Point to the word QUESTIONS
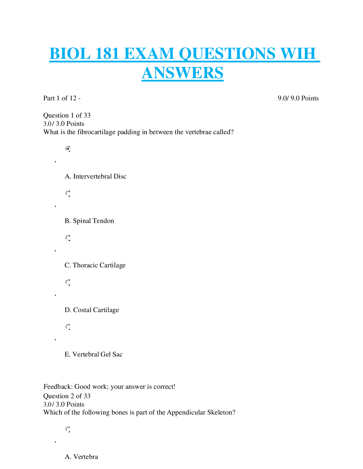(x=227, y=54)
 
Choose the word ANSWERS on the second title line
(x=183, y=73)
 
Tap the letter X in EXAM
(x=142, y=54)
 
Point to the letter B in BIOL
(x=55, y=54)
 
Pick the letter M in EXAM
(x=166, y=54)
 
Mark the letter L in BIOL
(x=86, y=54)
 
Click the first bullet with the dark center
(x=68, y=149)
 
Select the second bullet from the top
(x=68, y=193)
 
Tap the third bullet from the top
(x=68, y=238)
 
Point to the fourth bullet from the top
(x=68, y=282)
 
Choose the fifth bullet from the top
(x=68, y=327)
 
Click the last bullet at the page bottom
(x=68, y=429)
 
